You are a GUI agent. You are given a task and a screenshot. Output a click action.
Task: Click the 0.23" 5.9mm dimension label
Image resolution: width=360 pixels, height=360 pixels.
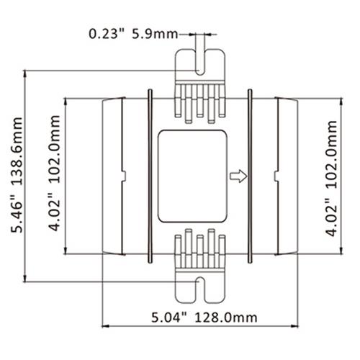[133, 34]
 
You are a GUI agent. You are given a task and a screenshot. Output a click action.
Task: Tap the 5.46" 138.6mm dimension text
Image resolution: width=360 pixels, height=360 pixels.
[17, 175]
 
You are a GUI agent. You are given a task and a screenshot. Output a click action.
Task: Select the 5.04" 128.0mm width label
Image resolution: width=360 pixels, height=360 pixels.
[204, 318]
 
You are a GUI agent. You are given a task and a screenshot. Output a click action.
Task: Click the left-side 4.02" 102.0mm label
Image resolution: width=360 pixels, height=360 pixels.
[54, 174]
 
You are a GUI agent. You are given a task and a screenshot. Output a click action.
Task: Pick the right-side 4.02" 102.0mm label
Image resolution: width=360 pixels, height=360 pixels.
[331, 179]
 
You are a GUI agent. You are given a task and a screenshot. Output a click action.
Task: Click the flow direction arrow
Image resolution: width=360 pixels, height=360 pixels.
[238, 176]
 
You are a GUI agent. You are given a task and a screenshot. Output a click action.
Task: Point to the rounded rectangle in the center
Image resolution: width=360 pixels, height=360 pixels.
[192, 176]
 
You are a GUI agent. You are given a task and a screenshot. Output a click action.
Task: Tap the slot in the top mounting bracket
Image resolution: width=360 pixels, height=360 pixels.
[200, 62]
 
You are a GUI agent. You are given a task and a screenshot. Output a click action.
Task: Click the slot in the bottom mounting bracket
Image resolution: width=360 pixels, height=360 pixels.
[200, 289]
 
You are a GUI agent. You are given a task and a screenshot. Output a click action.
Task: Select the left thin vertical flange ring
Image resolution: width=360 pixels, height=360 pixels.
[150, 176]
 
